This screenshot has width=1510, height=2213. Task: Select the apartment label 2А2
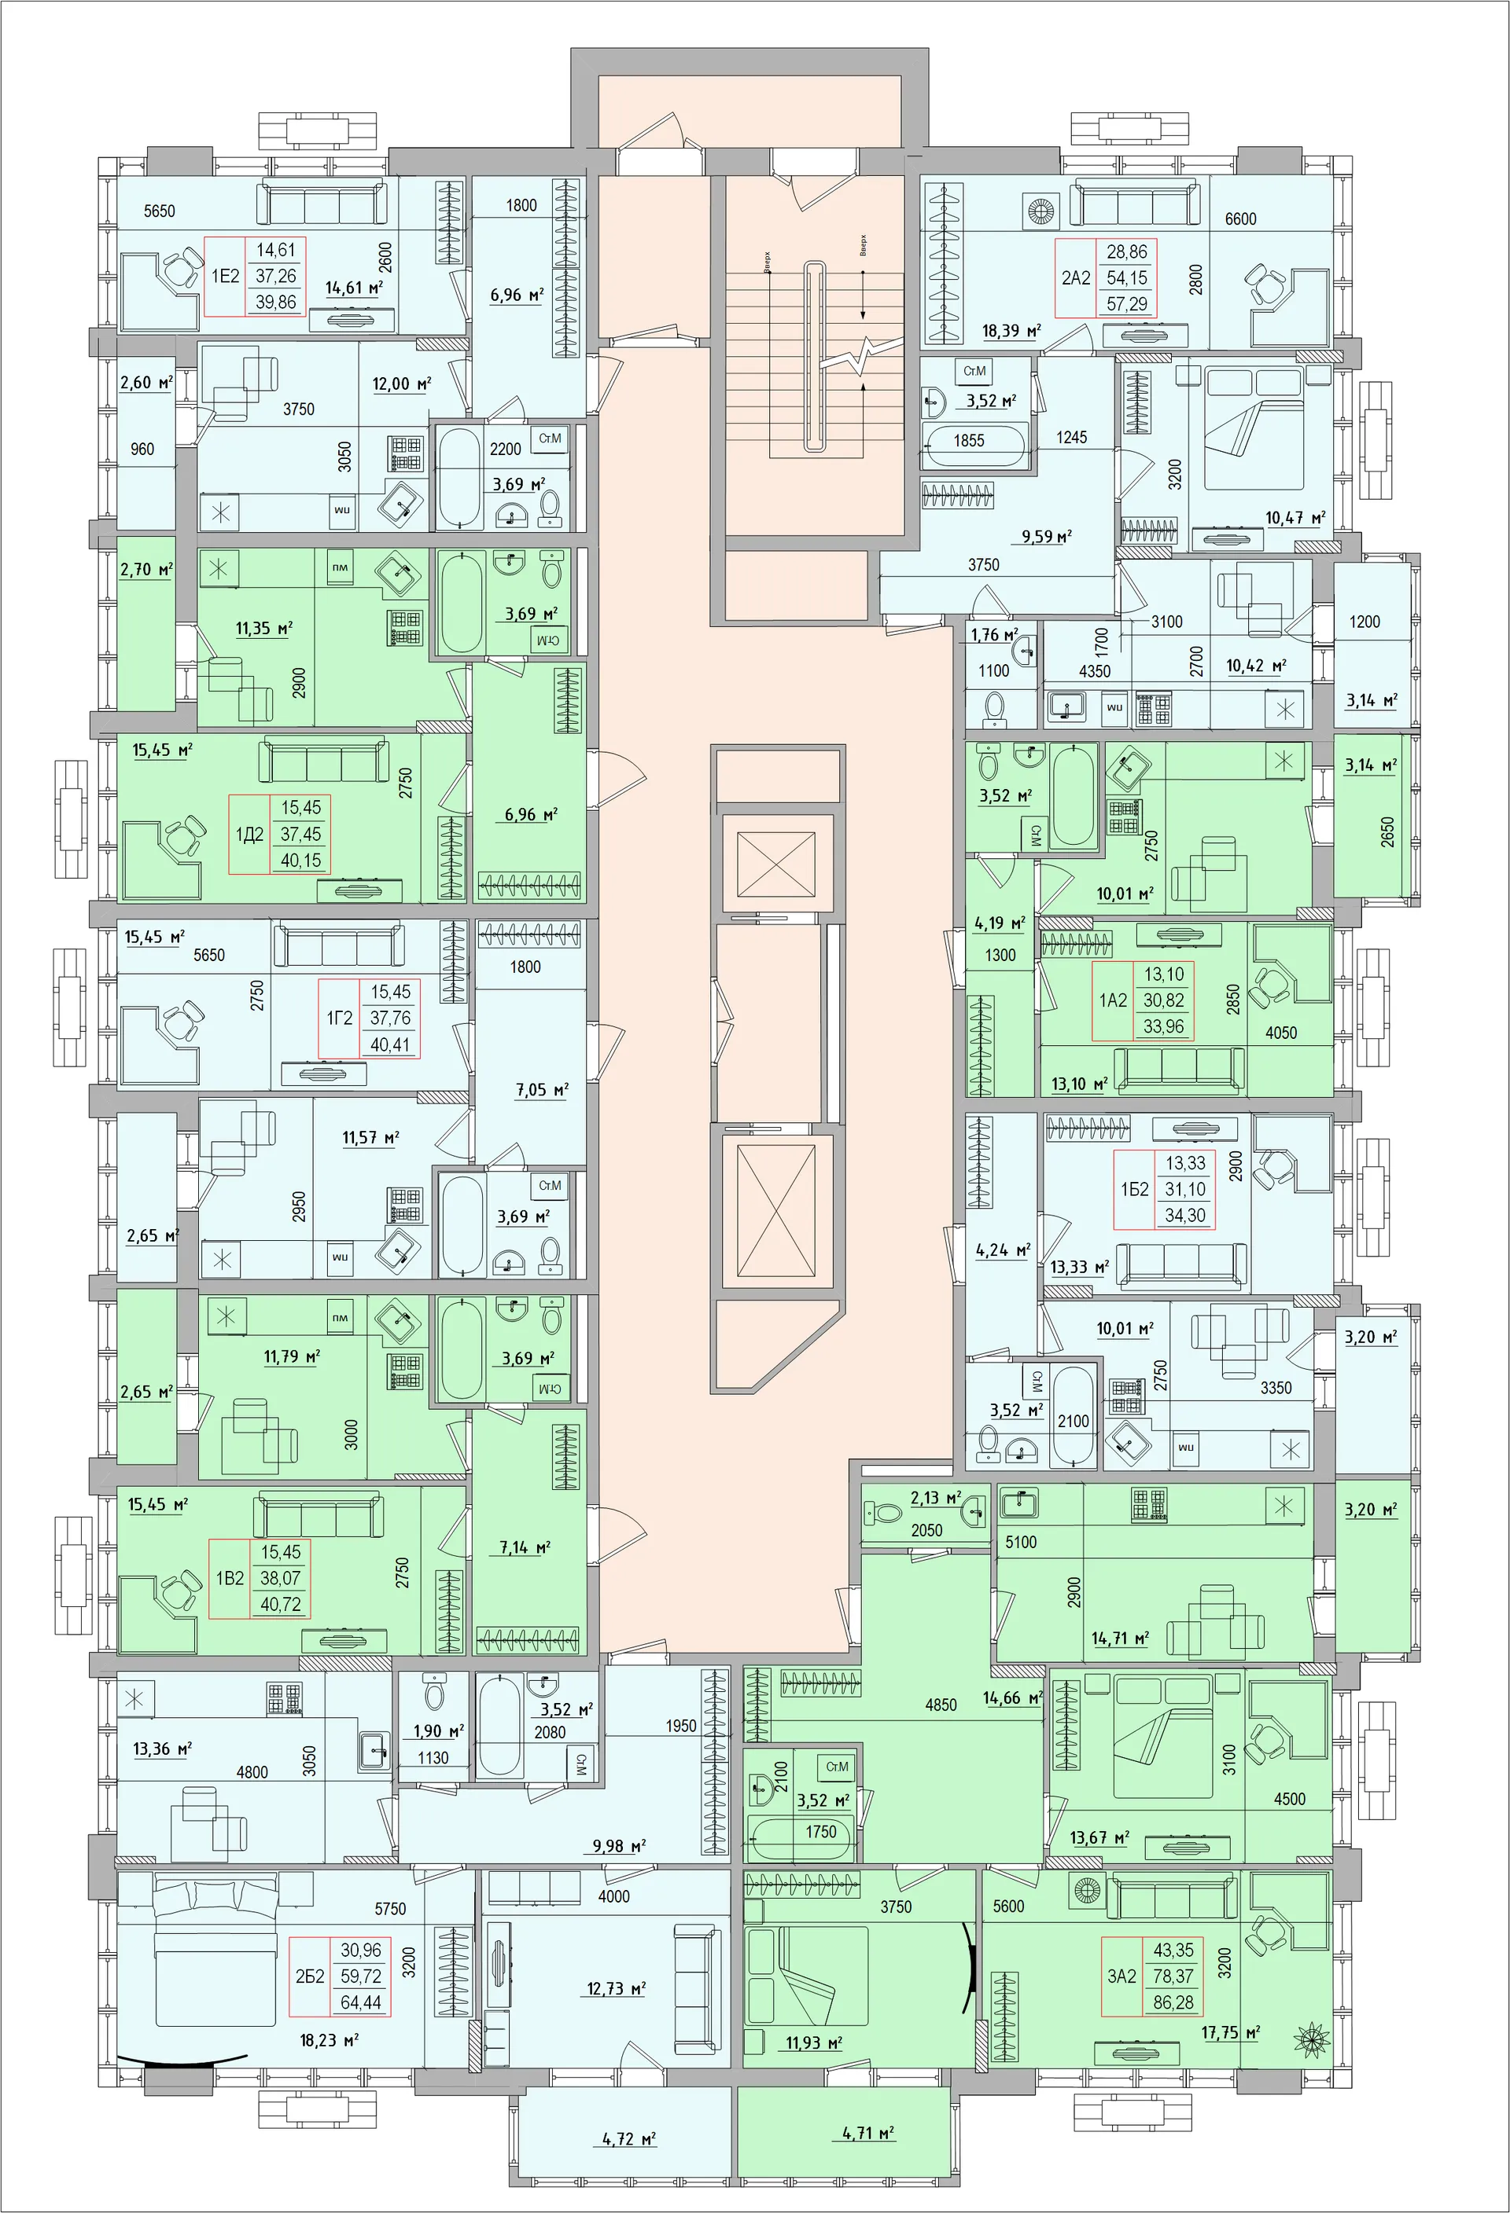[1076, 278]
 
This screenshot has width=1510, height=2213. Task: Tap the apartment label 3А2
[1121, 1976]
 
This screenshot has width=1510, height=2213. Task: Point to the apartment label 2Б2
[310, 1976]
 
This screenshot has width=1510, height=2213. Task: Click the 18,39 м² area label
[1011, 332]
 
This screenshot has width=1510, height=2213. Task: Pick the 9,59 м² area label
[1046, 537]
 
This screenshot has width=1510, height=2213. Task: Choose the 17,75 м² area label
[1230, 2033]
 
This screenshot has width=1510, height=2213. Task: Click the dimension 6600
[1240, 219]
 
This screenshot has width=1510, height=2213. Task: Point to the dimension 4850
[941, 1705]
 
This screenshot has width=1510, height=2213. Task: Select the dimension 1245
[1071, 437]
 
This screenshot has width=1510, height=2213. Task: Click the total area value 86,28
[1173, 2002]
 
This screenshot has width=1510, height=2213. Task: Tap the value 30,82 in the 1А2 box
[1163, 1000]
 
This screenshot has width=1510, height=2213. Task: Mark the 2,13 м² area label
[934, 1498]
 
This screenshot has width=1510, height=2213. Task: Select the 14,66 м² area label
[1011, 1697]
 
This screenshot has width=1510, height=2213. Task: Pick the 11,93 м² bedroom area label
[813, 2042]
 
